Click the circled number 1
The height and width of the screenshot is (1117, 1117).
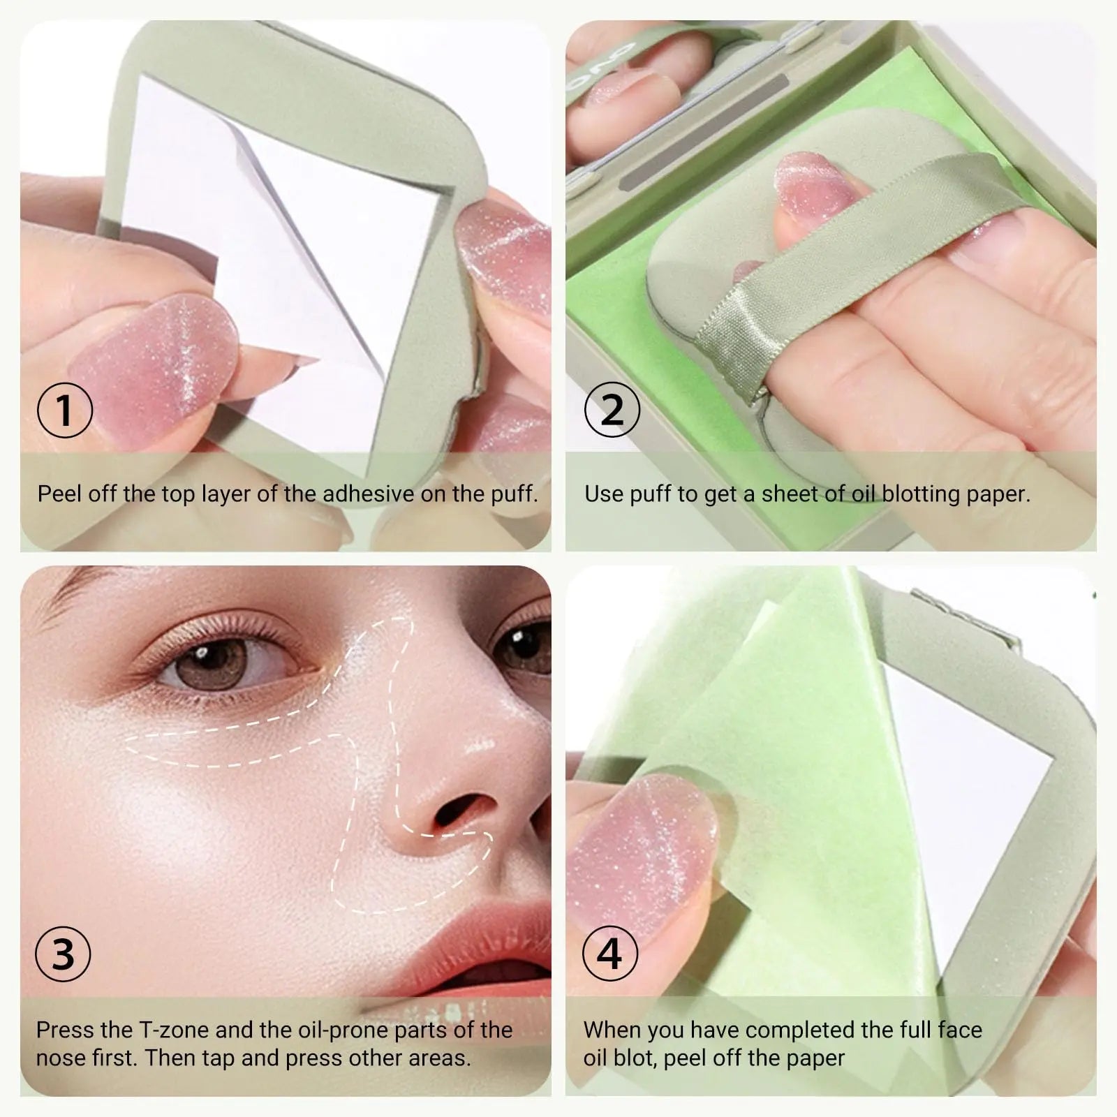coord(64,410)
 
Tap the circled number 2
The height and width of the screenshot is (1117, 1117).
coord(612,410)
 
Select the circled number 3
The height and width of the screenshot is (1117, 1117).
coord(63,954)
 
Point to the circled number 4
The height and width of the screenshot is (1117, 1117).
coord(610,954)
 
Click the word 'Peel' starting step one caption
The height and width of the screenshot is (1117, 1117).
coord(58,494)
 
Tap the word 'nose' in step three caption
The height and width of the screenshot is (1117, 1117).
coord(62,1058)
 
